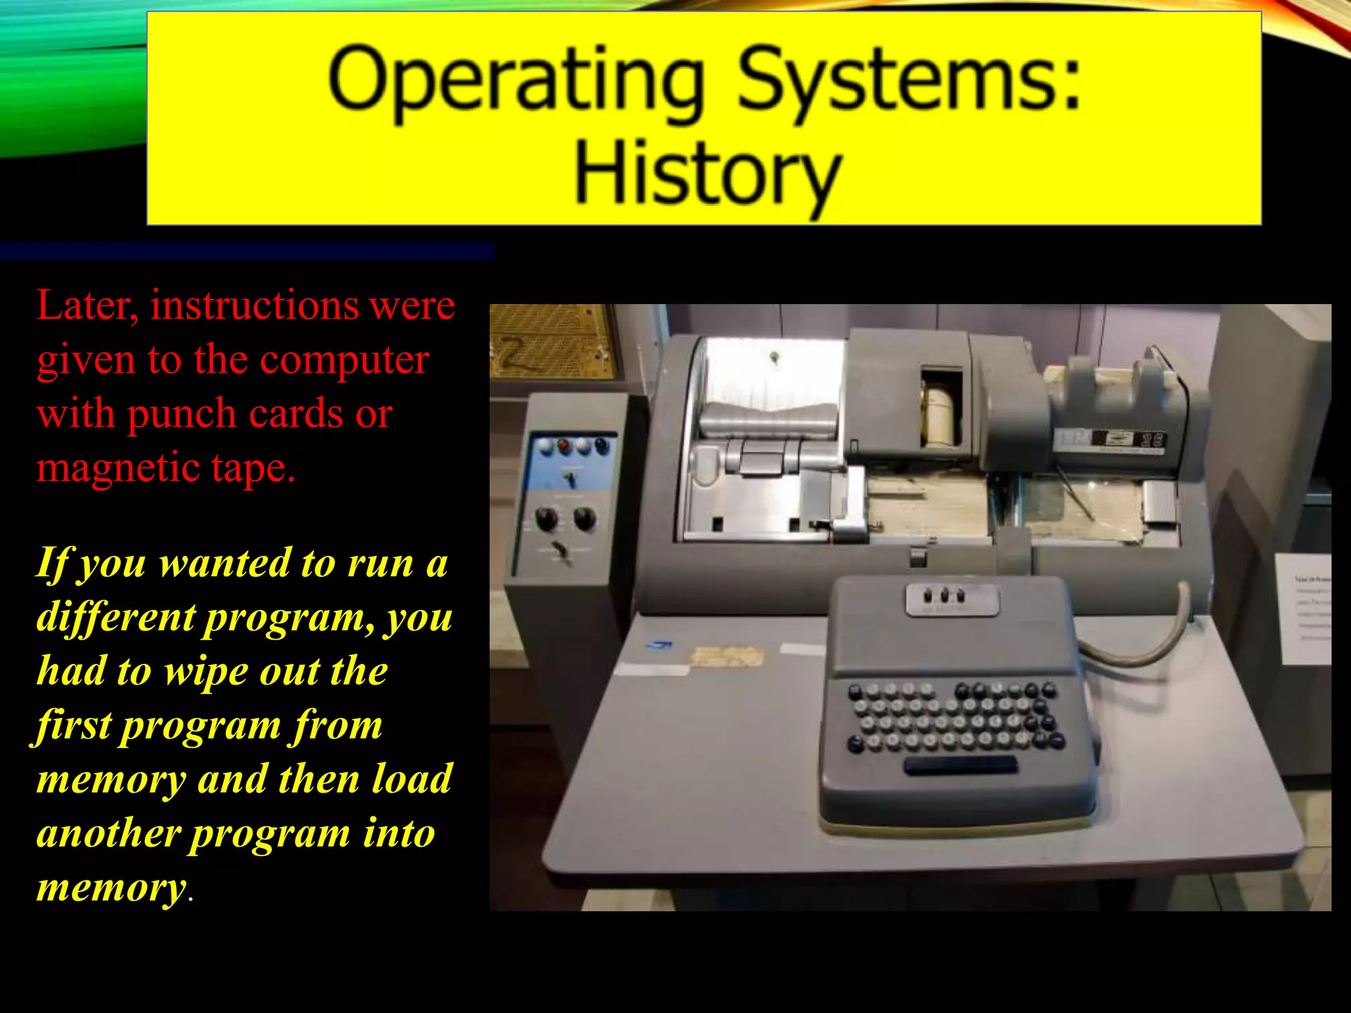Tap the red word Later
coord(86,306)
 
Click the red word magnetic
coord(119,468)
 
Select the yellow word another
coord(108,834)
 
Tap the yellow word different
coord(116,618)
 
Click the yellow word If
coord(53,565)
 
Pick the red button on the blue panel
coord(565,446)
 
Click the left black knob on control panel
coord(546,520)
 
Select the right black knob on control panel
coord(584,518)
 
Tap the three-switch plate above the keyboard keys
coord(952,599)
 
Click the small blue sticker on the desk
coord(660,644)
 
